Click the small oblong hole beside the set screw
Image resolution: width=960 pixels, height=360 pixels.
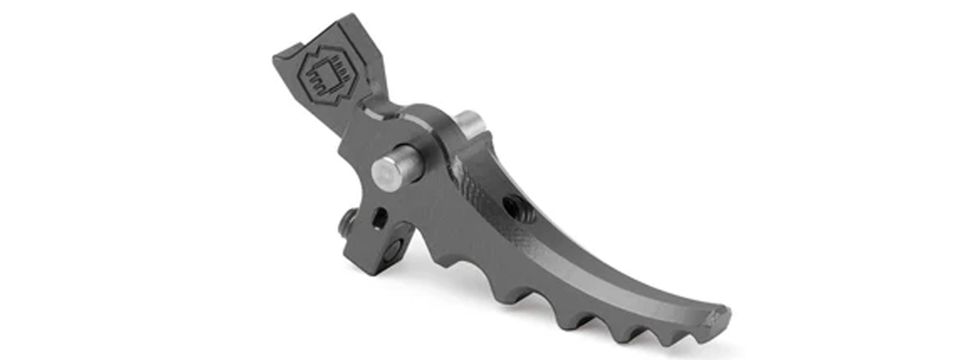[379, 218]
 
